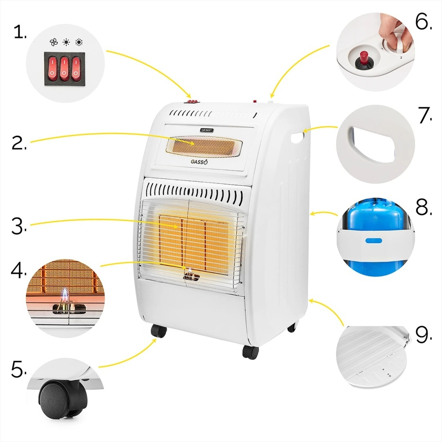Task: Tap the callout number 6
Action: pyautogui.click(x=424, y=23)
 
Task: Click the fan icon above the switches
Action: pyautogui.click(x=53, y=42)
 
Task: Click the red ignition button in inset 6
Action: pyautogui.click(x=362, y=57)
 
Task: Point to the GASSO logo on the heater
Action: pyautogui.click(x=199, y=162)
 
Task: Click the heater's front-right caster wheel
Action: pyautogui.click(x=250, y=352)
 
